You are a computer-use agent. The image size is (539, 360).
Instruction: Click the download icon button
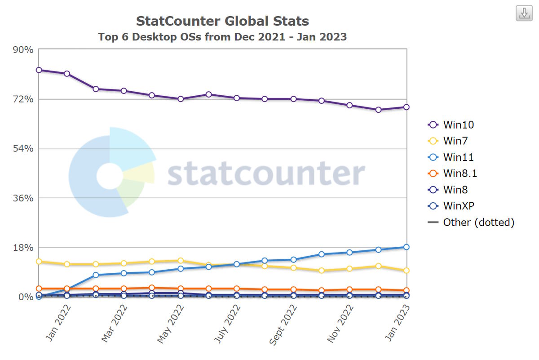coord(524,13)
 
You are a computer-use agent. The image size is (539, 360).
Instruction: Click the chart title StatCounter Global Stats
coord(222,21)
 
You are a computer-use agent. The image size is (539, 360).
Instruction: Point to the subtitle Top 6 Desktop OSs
coord(222,37)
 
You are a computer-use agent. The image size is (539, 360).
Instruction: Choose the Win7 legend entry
coord(455,141)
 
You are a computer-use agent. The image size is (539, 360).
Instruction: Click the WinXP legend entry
coord(459,206)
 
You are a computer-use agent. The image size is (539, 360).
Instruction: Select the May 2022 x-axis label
coord(171,324)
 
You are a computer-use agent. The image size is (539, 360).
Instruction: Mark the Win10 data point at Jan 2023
coord(406,107)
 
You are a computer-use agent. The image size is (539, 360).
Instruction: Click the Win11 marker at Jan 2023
coord(406,247)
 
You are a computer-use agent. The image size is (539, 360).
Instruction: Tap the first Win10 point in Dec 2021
coord(39,70)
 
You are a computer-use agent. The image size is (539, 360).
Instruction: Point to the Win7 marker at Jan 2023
coord(406,271)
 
